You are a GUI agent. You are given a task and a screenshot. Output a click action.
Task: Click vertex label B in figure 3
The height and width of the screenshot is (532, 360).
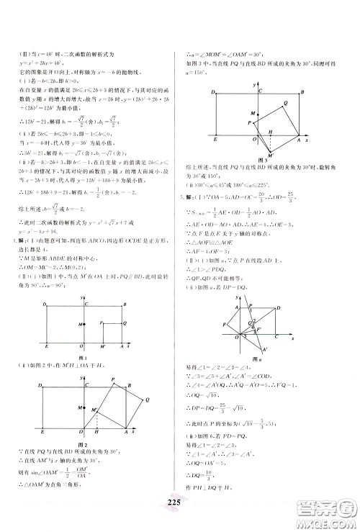coord(302,92)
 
